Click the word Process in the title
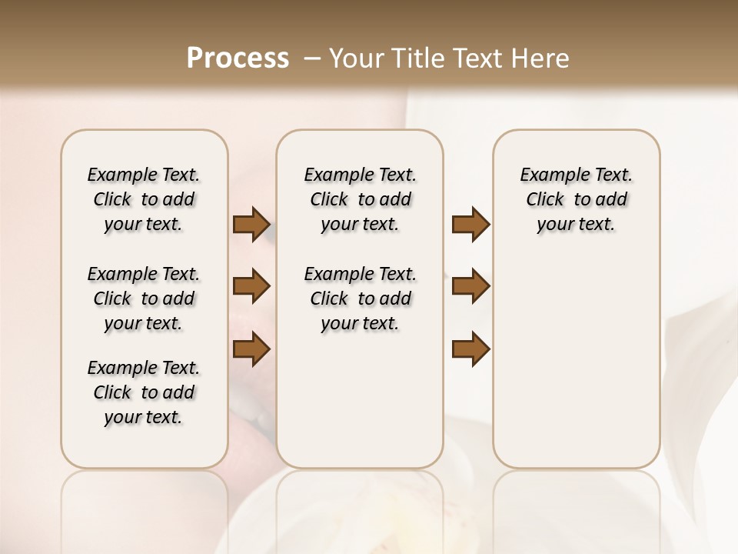coord(238,58)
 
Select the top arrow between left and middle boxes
coord(251,224)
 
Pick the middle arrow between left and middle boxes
coord(251,286)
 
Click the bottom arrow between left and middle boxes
coord(251,349)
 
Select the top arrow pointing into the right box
coord(470,224)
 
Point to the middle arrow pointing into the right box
coord(470,286)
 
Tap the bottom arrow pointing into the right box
coord(470,349)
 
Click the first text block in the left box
coord(144,199)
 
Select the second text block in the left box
coord(144,299)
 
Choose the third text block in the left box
coord(144,392)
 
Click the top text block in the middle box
coord(360,199)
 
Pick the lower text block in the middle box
coord(360,299)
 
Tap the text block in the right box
coord(576,199)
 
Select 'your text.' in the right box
coord(576,224)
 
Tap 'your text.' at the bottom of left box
coord(144,417)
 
